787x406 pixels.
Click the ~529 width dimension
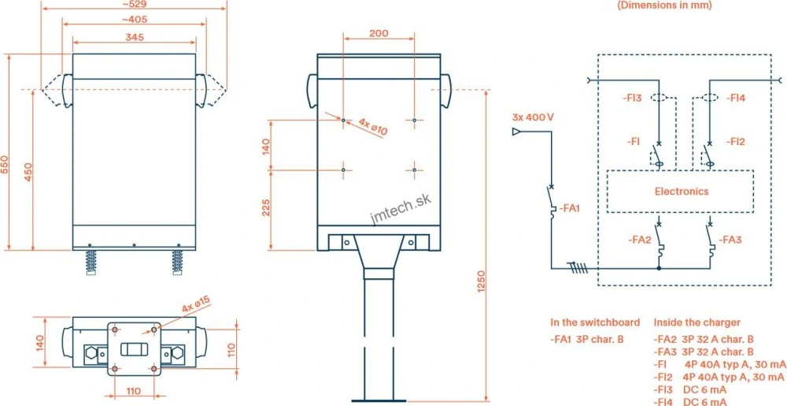pos(133,5)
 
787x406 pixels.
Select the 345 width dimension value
pos(133,36)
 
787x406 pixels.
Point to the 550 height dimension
pos(5,164)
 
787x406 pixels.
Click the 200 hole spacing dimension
pos(379,34)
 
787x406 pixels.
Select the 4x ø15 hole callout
pos(197,305)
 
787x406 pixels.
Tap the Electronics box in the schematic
pos(682,192)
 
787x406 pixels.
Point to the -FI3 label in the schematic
pos(632,99)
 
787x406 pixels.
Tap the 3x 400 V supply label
pos(533,117)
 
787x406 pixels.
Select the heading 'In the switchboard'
pos(594,322)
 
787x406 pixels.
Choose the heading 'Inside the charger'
pos(696,322)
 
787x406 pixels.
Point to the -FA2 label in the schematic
pos(640,239)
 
